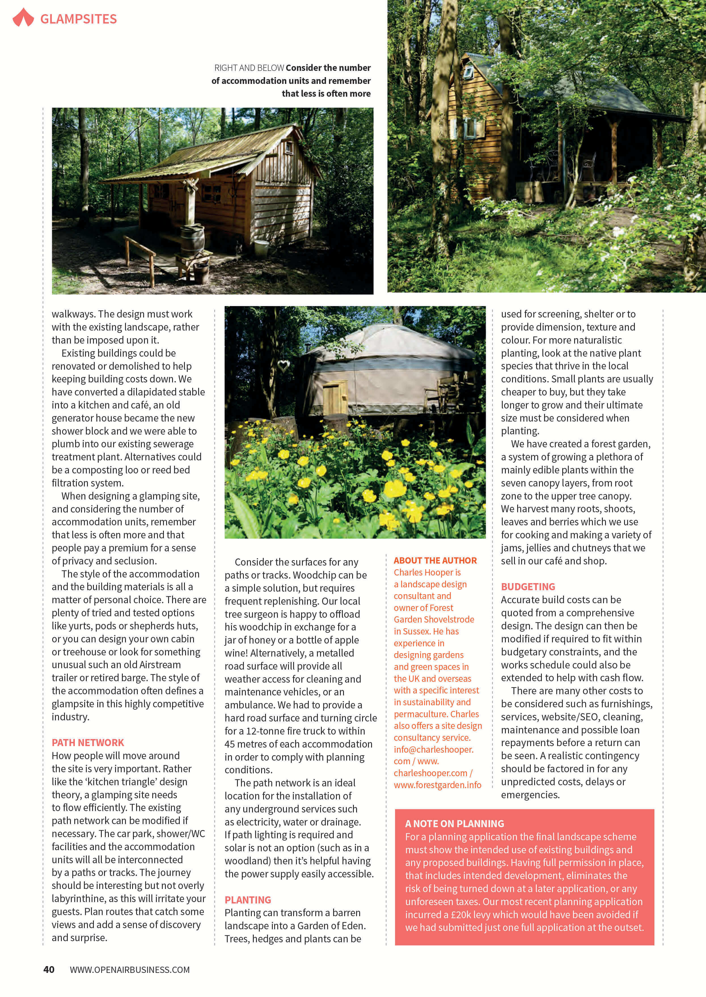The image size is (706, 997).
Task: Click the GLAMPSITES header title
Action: click(x=78, y=19)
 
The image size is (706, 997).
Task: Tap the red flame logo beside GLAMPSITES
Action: click(x=23, y=18)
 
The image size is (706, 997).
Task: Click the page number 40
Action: click(x=49, y=970)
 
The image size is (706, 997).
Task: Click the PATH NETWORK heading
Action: click(x=88, y=743)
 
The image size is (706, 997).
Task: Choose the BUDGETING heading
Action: click(x=528, y=587)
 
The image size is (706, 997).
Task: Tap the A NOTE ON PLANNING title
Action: click(x=454, y=824)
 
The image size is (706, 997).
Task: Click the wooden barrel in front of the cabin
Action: click(x=193, y=238)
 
